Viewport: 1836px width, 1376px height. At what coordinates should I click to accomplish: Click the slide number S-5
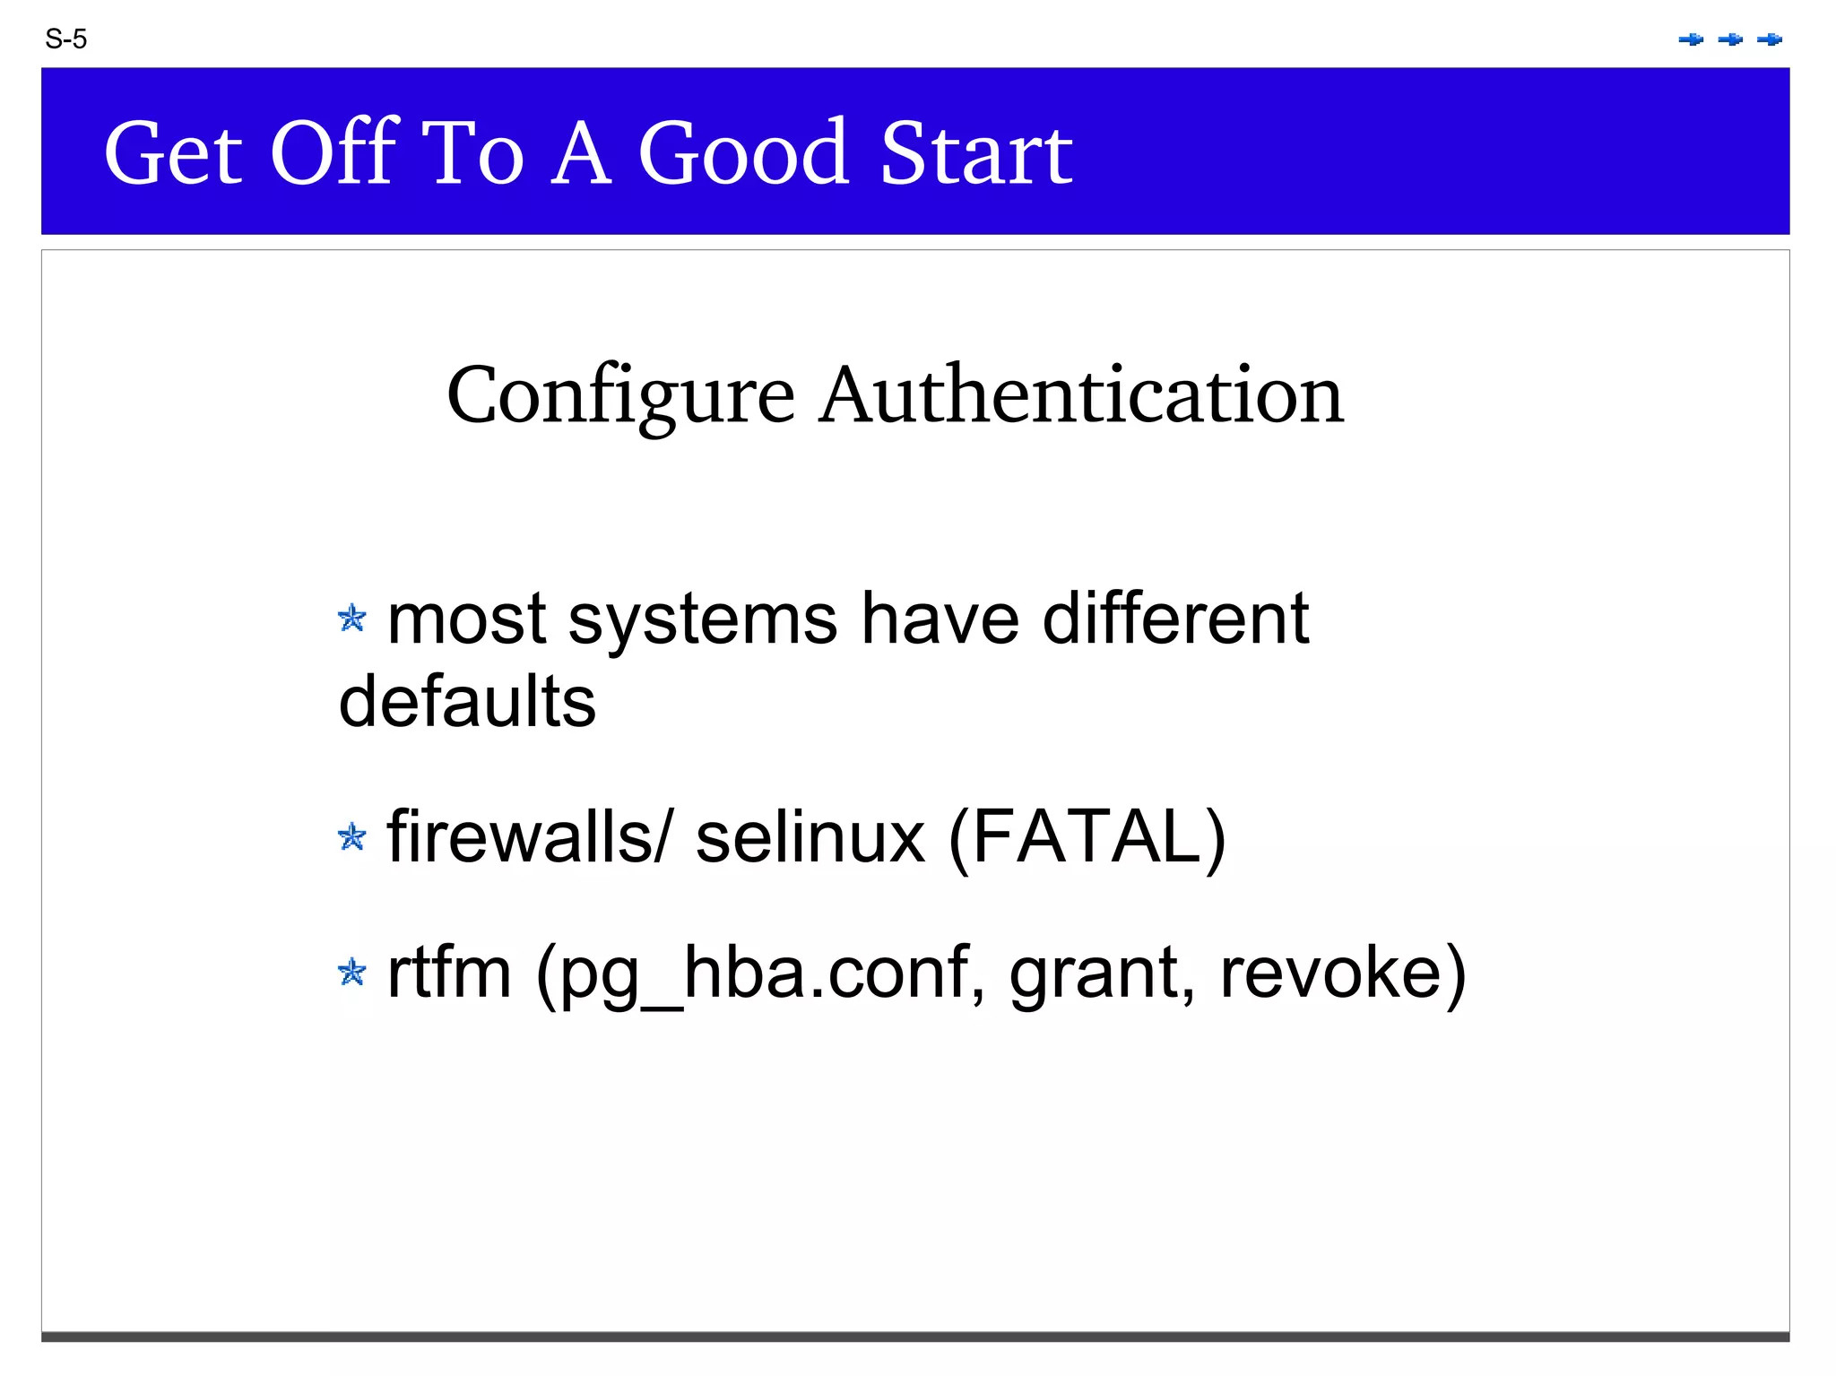click(x=65, y=39)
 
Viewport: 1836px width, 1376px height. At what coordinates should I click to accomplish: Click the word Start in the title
click(x=976, y=153)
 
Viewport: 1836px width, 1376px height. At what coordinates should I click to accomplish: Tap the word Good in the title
click(x=743, y=153)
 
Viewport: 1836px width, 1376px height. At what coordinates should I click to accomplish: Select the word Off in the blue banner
click(x=333, y=153)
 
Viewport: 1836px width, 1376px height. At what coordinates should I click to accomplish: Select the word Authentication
click(x=1082, y=395)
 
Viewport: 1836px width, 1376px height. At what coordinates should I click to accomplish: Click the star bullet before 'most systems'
click(x=352, y=618)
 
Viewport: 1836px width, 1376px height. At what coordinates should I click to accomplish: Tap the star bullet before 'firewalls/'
click(x=352, y=837)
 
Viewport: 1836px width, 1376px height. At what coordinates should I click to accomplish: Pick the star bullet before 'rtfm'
click(x=352, y=972)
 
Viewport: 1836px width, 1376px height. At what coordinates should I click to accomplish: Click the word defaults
click(x=467, y=701)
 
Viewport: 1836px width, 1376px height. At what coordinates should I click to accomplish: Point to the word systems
click(x=703, y=619)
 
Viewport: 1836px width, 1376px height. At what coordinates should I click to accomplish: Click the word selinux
click(x=810, y=837)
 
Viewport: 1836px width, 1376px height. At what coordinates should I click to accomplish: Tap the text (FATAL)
click(x=1087, y=837)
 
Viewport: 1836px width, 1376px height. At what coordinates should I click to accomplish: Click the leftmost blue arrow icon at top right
click(x=1691, y=39)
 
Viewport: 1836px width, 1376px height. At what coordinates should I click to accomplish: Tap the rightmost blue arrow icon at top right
click(x=1770, y=39)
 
